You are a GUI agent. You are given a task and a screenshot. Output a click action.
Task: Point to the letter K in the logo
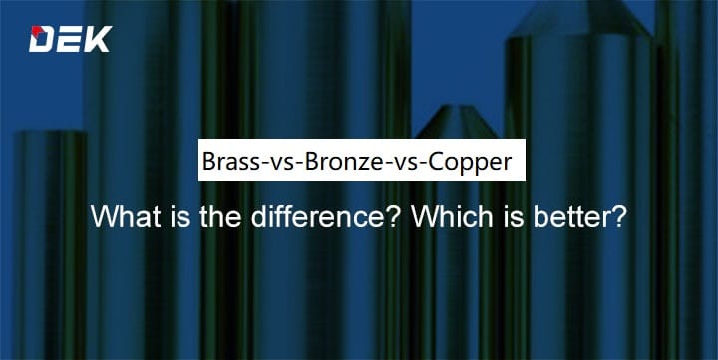(x=98, y=39)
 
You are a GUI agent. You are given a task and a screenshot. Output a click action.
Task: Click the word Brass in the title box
(x=228, y=161)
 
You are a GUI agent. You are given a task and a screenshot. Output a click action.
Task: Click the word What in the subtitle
(x=120, y=216)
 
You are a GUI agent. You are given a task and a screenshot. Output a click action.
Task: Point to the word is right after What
(x=165, y=216)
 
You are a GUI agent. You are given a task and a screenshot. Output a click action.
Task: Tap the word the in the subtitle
(x=202, y=216)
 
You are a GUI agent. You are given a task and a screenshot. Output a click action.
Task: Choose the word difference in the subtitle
(x=290, y=216)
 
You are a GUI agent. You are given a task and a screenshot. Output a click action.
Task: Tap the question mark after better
(x=619, y=216)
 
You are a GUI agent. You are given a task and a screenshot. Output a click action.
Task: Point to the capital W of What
(x=104, y=216)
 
